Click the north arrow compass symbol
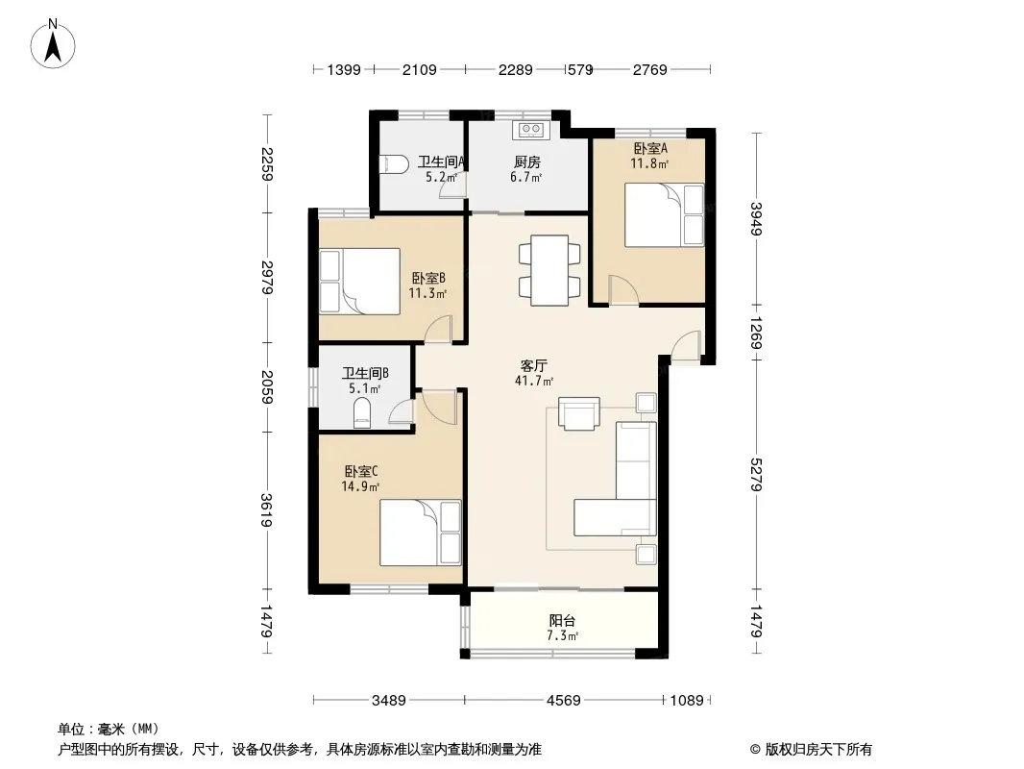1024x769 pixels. pos(53,44)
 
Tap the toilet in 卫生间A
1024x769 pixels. pos(394,163)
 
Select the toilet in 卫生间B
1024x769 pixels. pos(362,413)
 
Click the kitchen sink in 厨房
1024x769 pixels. pos(530,130)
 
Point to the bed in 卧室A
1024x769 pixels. pos(664,215)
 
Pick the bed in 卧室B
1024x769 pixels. pos(359,282)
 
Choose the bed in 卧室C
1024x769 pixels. pos(421,533)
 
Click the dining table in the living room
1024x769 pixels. pos(549,270)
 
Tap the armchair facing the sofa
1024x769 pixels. pos(578,413)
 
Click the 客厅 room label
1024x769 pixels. pos(533,366)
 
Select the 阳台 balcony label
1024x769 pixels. pos(562,621)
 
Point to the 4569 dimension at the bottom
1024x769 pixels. pos(563,701)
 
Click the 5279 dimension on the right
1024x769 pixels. pos(756,474)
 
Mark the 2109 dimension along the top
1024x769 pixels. pos(419,69)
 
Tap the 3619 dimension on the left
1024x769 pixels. pos(266,509)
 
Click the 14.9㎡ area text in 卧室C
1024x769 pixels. pos(360,486)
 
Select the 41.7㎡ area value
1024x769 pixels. pos(533,381)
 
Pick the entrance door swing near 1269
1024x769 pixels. pos(685,346)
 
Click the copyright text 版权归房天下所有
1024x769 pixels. pos(818,750)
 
